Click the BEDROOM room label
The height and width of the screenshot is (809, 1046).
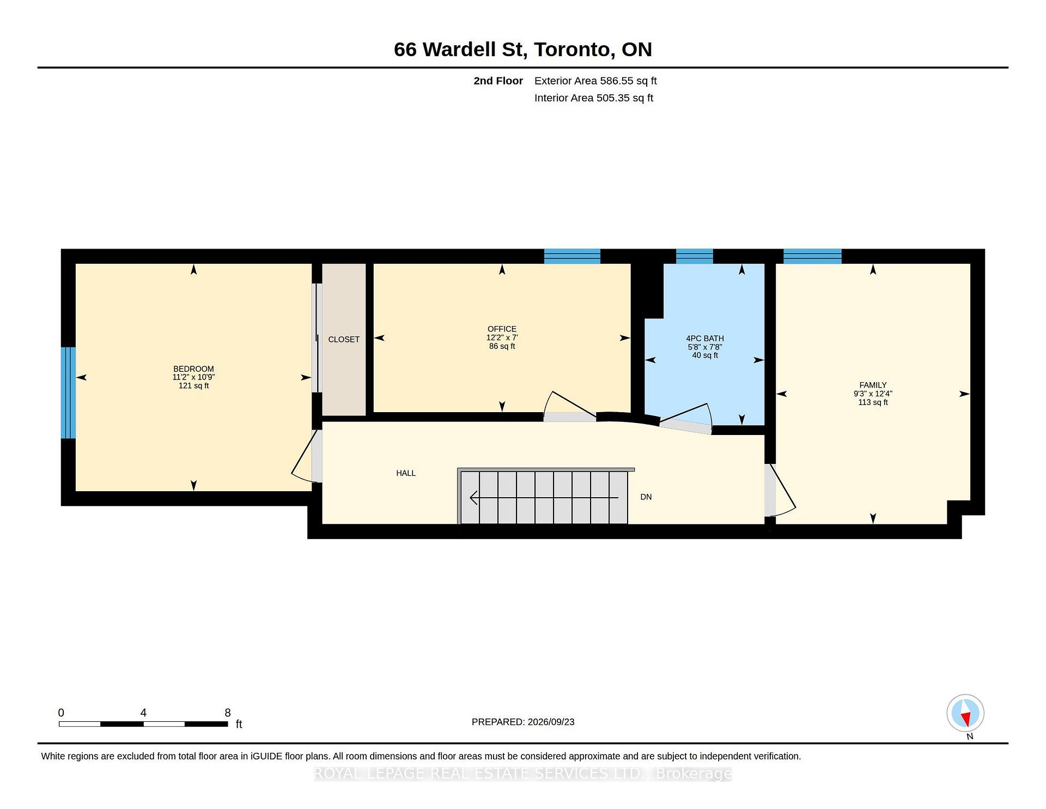(193, 369)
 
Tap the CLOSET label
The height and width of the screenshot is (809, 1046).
(344, 340)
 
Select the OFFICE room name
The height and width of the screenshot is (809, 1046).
(502, 329)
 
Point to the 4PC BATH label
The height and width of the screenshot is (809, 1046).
(705, 339)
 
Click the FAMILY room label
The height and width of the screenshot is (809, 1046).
(873, 385)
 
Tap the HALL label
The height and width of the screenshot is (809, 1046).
(406, 473)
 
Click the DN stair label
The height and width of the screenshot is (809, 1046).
(646, 497)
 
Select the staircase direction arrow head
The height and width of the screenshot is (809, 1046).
(474, 498)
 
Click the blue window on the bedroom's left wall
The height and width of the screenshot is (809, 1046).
(68, 393)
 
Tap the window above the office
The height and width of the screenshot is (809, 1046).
(572, 256)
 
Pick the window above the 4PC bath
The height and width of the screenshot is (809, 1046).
(695, 256)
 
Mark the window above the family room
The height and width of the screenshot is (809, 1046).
(812, 256)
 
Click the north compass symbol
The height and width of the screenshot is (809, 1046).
(965, 713)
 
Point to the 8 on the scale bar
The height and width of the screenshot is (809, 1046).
(228, 713)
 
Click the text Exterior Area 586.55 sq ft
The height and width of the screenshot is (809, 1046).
(595, 81)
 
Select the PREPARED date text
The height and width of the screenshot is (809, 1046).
(523, 722)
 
